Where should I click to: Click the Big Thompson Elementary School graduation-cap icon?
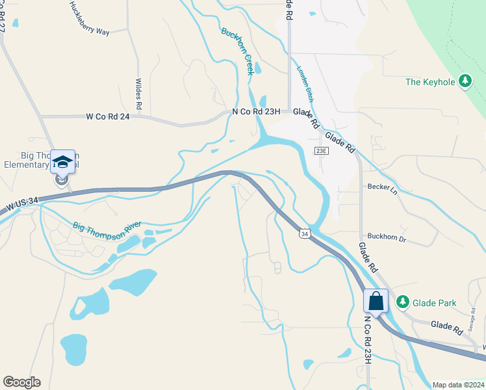(x=63, y=161)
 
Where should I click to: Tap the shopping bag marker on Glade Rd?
(x=376, y=301)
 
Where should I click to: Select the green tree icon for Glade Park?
(x=403, y=302)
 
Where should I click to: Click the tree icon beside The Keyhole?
(x=465, y=81)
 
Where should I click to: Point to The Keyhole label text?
(x=429, y=82)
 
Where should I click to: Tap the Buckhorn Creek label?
(x=237, y=51)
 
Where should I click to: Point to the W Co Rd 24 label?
(x=107, y=117)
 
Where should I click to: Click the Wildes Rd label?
(x=138, y=94)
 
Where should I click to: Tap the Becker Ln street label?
(x=382, y=189)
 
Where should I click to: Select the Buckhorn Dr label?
(x=386, y=239)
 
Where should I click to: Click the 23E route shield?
(x=321, y=151)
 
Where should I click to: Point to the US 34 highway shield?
(x=304, y=233)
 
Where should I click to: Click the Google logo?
(x=21, y=382)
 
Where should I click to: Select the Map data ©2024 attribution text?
(x=457, y=385)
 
